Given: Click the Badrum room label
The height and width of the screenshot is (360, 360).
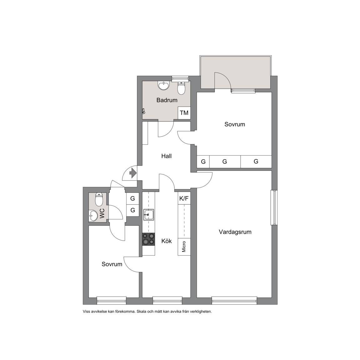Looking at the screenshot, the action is tap(167, 100).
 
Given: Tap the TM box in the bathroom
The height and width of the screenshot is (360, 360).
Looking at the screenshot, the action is tap(184, 113).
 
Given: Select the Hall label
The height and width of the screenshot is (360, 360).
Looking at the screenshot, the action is tap(167, 156).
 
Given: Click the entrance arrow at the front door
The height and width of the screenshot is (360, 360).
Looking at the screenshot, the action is tap(133, 173).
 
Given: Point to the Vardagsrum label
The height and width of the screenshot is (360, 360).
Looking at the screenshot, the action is tap(235, 232).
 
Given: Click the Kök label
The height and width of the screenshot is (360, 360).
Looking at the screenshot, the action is tap(167, 241).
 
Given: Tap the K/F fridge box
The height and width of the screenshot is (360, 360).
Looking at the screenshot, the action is tap(184, 198).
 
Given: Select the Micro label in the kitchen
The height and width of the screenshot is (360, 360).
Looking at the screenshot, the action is tap(184, 247).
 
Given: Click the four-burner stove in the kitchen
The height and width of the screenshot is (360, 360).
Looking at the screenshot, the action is tap(148, 239).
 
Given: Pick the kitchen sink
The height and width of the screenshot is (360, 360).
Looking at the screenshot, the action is tap(148, 215).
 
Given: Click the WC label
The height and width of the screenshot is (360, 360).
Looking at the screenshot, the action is tap(102, 213).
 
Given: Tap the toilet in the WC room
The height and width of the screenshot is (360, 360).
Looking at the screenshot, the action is tap(99, 199).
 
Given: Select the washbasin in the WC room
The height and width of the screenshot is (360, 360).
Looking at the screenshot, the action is tap(93, 216).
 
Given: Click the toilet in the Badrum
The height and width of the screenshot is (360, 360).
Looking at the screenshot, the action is tap(181, 88).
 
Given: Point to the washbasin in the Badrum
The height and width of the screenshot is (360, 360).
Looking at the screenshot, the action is tap(163, 86).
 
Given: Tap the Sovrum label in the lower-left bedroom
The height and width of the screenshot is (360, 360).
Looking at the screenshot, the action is tap(112, 264).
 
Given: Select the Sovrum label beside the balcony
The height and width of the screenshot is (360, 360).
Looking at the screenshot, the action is tap(235, 124).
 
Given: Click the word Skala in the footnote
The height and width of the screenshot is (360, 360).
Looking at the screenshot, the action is tap(141, 312).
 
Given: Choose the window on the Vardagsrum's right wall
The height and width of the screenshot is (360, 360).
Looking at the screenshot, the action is tap(274, 207).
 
